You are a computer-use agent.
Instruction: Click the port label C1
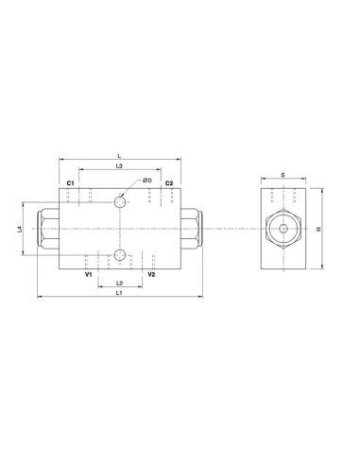(70, 183)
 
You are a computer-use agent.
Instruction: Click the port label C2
(169, 183)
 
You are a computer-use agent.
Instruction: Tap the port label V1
(88, 274)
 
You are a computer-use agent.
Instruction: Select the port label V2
(151, 274)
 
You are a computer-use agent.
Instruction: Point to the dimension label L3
(119, 165)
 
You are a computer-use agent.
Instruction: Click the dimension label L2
(119, 283)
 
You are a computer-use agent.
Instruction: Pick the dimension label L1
(119, 293)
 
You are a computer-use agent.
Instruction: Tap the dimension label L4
(20, 229)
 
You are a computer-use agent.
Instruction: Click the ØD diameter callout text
(147, 181)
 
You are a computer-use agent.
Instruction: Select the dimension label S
(283, 175)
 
